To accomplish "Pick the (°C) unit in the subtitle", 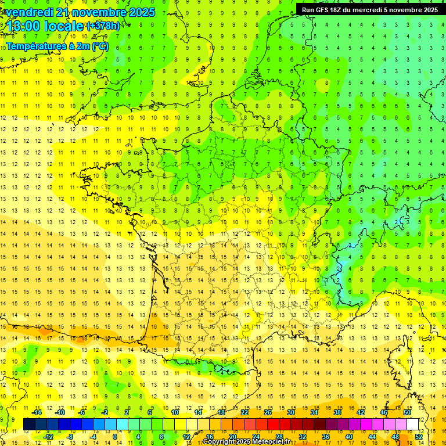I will pyautogui.click(x=100, y=46).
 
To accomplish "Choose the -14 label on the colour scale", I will pyautogui.click(x=37, y=412).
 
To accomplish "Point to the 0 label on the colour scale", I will pyautogui.click(x=114, y=437).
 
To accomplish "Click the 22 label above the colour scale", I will pyautogui.click(x=244, y=412).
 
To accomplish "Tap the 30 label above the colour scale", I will pyautogui.click(x=291, y=412).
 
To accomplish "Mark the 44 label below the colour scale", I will pyautogui.click(x=372, y=437).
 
